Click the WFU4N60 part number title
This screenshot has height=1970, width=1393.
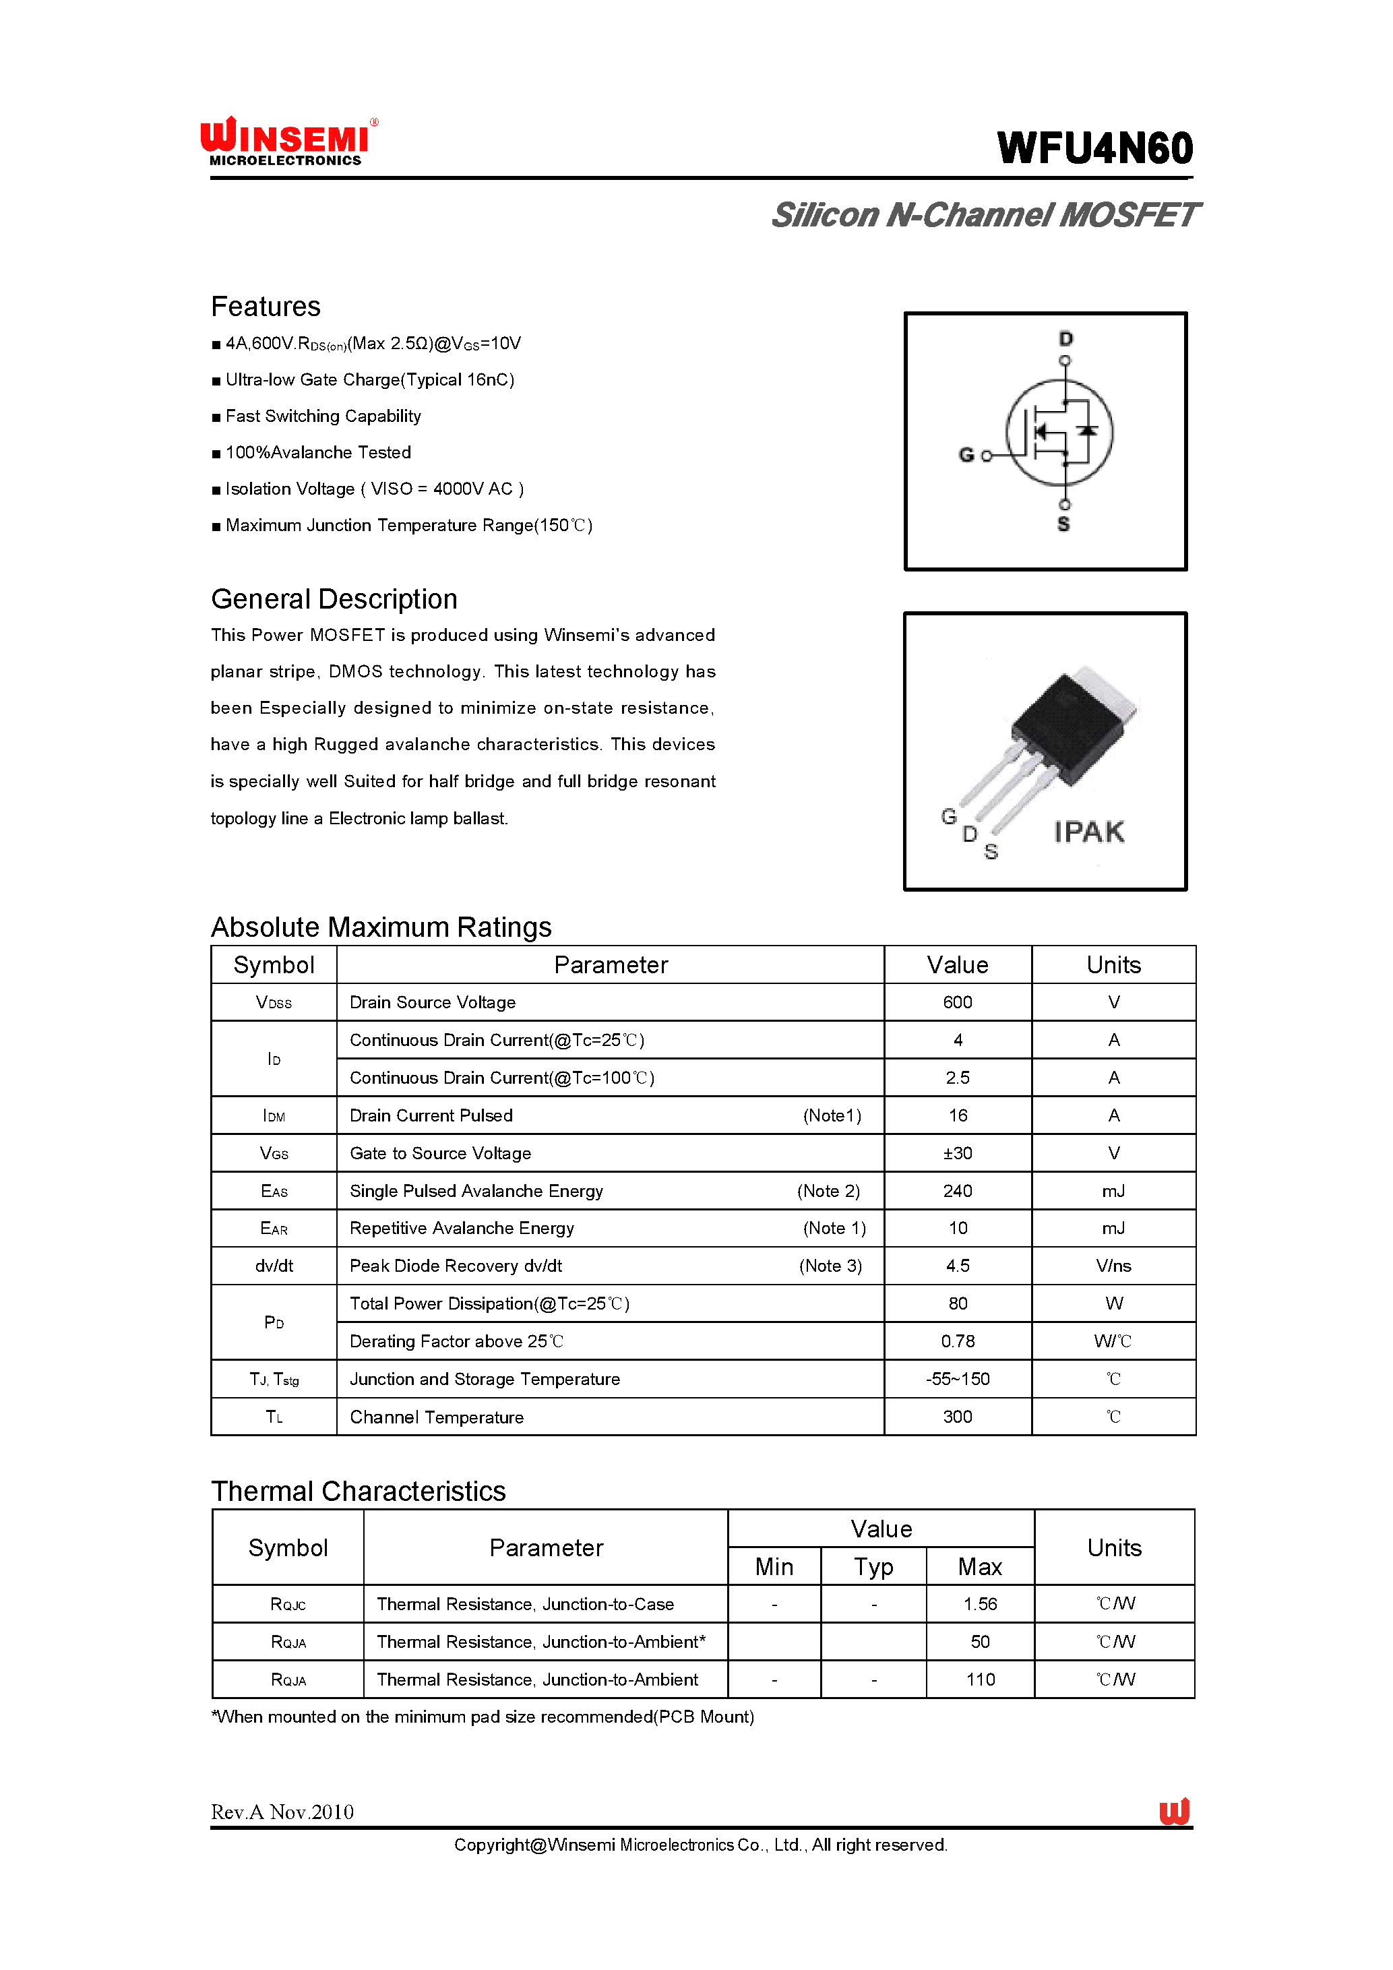click(x=1094, y=148)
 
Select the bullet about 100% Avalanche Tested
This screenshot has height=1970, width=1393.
click(x=317, y=452)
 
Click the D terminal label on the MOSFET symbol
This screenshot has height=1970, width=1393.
click(x=1065, y=338)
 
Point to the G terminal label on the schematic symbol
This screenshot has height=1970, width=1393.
click(x=966, y=455)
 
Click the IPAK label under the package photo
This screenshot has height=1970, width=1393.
click(x=1088, y=832)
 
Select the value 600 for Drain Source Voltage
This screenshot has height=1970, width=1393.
click(x=957, y=1002)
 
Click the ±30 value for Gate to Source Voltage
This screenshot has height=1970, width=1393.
click(x=957, y=1153)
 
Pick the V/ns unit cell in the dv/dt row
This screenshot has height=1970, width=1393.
click(x=1113, y=1266)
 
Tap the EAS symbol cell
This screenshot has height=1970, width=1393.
click(x=274, y=1191)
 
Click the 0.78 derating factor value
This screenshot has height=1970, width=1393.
click(x=957, y=1341)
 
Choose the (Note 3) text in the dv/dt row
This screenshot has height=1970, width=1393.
click(x=830, y=1266)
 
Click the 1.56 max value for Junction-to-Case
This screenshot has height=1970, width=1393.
click(x=980, y=1603)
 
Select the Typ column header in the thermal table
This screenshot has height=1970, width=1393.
click(x=873, y=1567)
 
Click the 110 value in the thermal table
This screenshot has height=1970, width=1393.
click(x=980, y=1679)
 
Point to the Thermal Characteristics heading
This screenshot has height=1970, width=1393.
click(x=358, y=1491)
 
